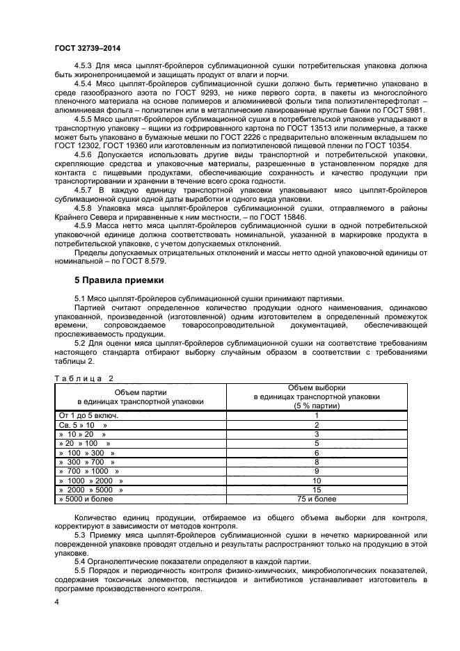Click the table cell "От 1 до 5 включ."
tap(88, 415)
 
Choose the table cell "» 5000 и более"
tap(88, 499)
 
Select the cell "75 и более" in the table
tap(317, 499)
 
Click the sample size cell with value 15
tap(317, 490)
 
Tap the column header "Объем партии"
tap(141, 392)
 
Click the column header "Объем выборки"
tap(317, 387)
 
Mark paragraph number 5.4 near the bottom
tap(80, 561)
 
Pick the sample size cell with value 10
tap(317, 480)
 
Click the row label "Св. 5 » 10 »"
tap(83, 424)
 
